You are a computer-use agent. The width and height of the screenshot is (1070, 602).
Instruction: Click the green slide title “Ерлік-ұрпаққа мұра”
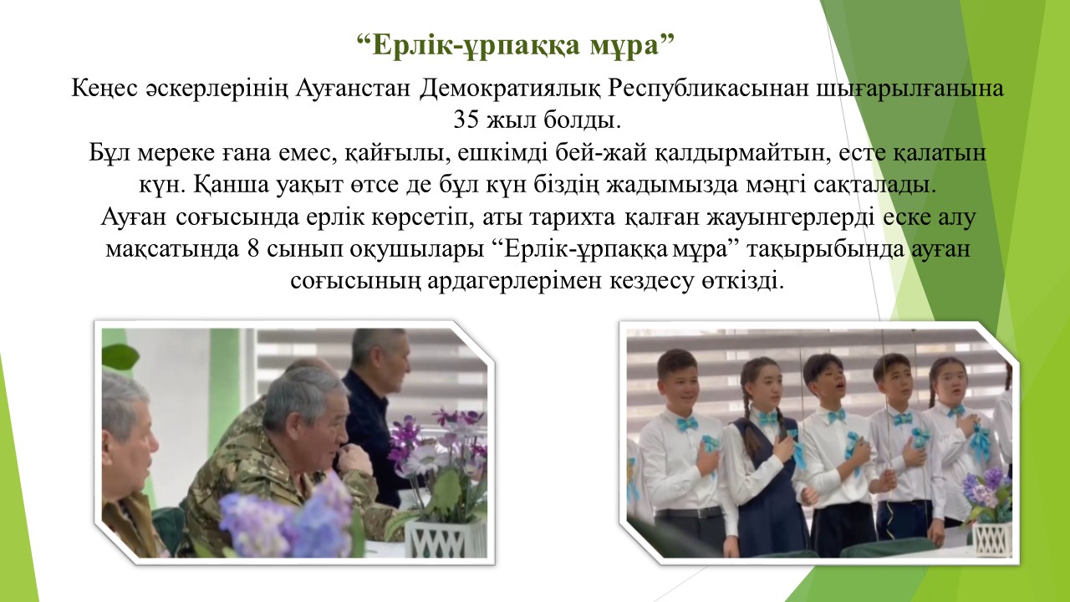coord(516,45)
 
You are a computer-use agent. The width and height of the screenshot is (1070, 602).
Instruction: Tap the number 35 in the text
coord(466,120)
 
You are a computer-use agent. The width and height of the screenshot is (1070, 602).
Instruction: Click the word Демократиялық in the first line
coord(509,89)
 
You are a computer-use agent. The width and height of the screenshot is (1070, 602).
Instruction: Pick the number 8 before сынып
coord(253,249)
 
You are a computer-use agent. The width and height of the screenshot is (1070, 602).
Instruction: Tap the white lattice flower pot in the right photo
coord(992,539)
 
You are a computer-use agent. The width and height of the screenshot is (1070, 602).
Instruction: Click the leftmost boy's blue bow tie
coord(685,423)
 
